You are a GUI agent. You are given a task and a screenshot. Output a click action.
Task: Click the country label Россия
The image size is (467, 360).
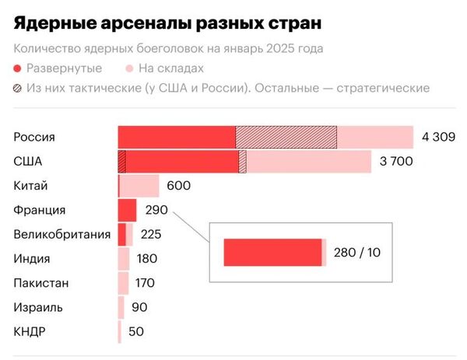tap(34, 137)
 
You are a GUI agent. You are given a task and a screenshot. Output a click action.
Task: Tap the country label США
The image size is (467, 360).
tap(28, 162)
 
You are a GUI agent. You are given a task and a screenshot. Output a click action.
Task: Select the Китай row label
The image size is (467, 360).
tap(31, 186)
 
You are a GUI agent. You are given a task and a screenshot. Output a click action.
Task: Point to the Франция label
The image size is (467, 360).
tap(40, 210)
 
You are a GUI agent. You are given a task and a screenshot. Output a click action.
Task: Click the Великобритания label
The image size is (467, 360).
tap(62, 234)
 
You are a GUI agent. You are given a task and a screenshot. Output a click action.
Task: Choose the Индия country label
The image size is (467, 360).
tap(32, 258)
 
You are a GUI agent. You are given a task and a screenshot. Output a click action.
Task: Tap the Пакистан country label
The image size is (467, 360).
tap(40, 282)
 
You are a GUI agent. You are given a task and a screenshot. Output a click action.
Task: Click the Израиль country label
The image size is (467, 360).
tap(38, 307)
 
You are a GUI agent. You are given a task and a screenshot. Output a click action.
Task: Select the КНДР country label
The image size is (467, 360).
tap(30, 331)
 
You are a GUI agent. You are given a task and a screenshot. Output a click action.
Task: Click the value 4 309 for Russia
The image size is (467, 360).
tap(438, 138)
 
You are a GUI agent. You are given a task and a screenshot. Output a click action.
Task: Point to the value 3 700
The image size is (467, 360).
tap(396, 162)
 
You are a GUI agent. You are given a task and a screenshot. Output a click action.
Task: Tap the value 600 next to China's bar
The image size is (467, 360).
tap(178, 186)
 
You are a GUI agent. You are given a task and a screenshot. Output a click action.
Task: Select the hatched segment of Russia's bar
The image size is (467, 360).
tap(286, 137)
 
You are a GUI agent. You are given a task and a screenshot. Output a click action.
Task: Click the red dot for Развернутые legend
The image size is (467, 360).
tap(19, 68)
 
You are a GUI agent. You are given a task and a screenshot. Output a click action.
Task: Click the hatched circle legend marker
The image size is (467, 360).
tap(19, 88)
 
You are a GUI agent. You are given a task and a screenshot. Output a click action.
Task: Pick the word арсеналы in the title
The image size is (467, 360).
tap(145, 23)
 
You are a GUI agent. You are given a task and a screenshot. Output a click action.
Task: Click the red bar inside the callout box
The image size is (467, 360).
tap(272, 253)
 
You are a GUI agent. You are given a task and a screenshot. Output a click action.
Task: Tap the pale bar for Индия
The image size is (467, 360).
tap(124, 258)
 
